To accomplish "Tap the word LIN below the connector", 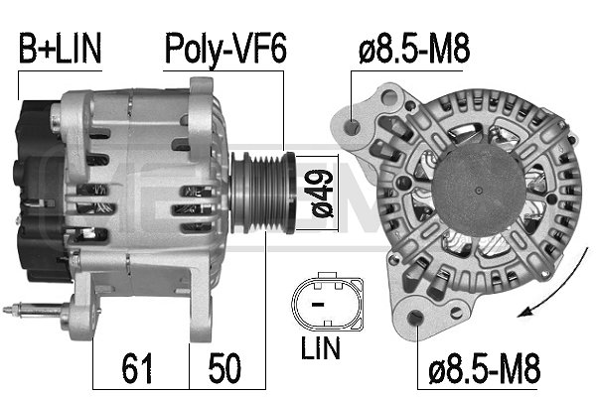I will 319,348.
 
